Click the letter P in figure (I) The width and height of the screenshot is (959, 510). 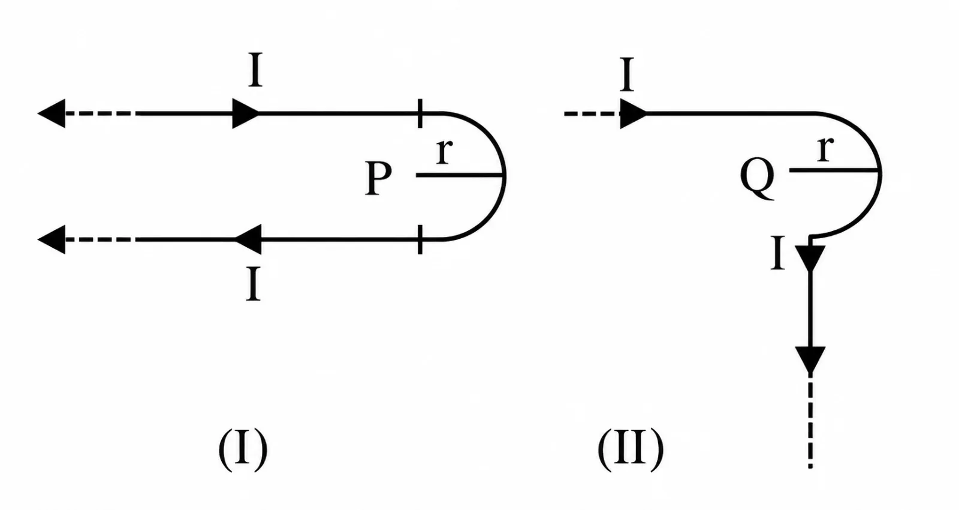[x=378, y=179]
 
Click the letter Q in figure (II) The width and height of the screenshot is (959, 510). [x=758, y=179]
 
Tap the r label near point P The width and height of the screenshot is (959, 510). [x=444, y=151]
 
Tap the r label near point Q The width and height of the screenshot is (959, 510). [x=825, y=148]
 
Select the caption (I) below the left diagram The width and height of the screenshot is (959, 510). [x=243, y=449]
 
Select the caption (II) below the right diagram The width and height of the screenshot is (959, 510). [x=630, y=449]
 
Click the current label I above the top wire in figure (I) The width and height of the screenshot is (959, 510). [x=255, y=70]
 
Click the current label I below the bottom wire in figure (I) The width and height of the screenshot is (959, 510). [x=254, y=284]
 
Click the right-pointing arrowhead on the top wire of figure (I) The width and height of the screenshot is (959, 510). [x=246, y=113]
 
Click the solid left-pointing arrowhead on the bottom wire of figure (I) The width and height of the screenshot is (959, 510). [x=248, y=239]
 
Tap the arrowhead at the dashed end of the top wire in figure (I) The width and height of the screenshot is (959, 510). [x=52, y=113]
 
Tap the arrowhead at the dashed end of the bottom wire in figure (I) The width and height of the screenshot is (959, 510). [x=52, y=239]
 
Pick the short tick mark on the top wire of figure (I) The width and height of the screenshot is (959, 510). [x=420, y=113]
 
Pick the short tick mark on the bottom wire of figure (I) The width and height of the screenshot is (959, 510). [x=420, y=239]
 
